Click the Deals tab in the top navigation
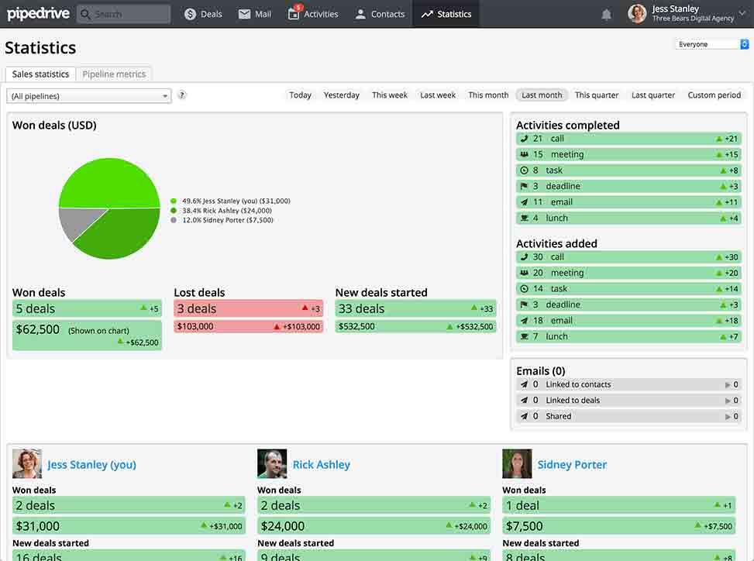click(x=204, y=14)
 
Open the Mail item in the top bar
click(x=255, y=14)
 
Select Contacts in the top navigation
click(x=380, y=14)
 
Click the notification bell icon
click(x=606, y=14)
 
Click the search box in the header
click(x=124, y=14)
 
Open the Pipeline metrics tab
click(x=114, y=74)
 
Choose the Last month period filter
click(x=542, y=95)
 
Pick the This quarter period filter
click(x=597, y=95)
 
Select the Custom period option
click(x=714, y=95)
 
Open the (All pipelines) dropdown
click(x=89, y=96)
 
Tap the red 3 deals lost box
click(x=248, y=308)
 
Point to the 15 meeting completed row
click(x=628, y=154)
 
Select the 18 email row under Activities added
click(x=628, y=320)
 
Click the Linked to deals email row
click(x=628, y=401)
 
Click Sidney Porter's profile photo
click(x=517, y=464)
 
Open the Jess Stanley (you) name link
click(x=91, y=465)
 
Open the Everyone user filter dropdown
click(x=711, y=45)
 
